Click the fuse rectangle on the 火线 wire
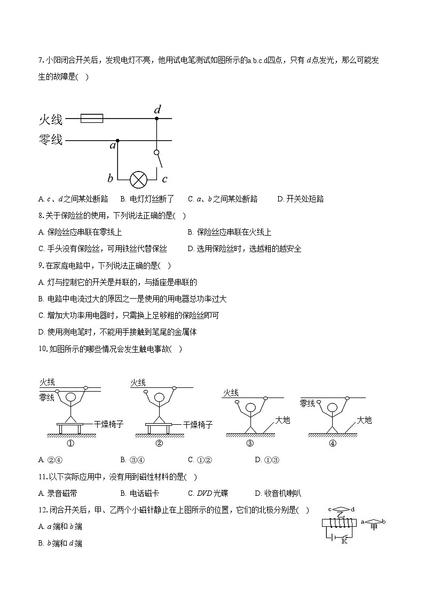(92, 118)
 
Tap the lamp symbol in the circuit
(139, 179)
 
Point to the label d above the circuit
(158, 110)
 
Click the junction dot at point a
(117, 141)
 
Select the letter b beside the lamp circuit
(110, 178)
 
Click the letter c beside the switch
(165, 178)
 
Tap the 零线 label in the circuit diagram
(51, 140)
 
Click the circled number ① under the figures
(70, 443)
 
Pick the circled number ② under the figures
(159, 443)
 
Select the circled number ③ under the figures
(250, 443)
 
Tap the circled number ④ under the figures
(333, 443)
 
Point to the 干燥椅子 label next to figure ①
(109, 424)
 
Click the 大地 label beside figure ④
(364, 420)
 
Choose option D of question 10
(267, 460)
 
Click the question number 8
(41, 216)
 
